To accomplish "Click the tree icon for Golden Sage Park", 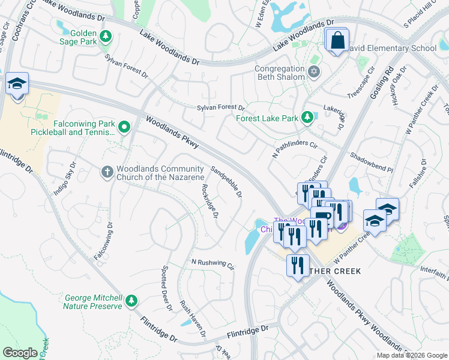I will [x=106, y=37].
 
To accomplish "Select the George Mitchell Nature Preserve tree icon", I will [x=132, y=301].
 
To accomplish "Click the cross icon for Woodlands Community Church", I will [x=107, y=172].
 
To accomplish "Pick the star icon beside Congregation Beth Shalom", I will [x=313, y=72].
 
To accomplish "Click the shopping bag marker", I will [x=338, y=41].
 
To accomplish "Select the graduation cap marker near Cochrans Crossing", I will [x=17, y=85].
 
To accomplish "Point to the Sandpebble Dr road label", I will [x=227, y=182].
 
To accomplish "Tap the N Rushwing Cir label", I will [x=212, y=262].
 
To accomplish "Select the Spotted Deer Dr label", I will [x=166, y=289].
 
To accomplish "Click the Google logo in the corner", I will [x=21, y=353].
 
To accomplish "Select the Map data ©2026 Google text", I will [x=411, y=355].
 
